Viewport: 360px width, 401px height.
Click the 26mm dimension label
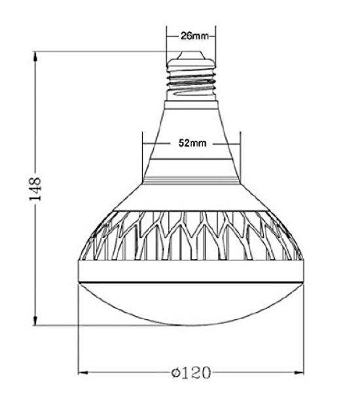192,37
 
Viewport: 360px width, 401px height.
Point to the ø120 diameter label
191,374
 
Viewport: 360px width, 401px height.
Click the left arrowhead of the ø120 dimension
83,374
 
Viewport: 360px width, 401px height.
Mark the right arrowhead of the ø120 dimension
302,374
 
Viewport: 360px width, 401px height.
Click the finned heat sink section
191,235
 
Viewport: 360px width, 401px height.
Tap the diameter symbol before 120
175,374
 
